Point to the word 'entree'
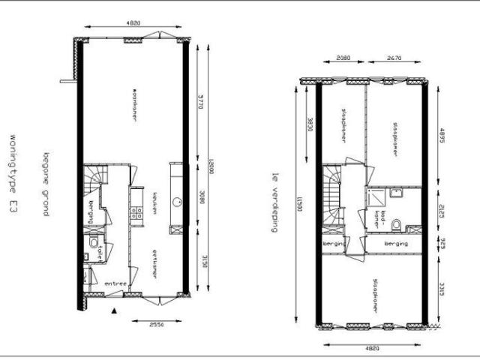coord(115,283)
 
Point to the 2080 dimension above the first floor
coord(343,58)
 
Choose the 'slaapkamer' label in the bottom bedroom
coord(373,298)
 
